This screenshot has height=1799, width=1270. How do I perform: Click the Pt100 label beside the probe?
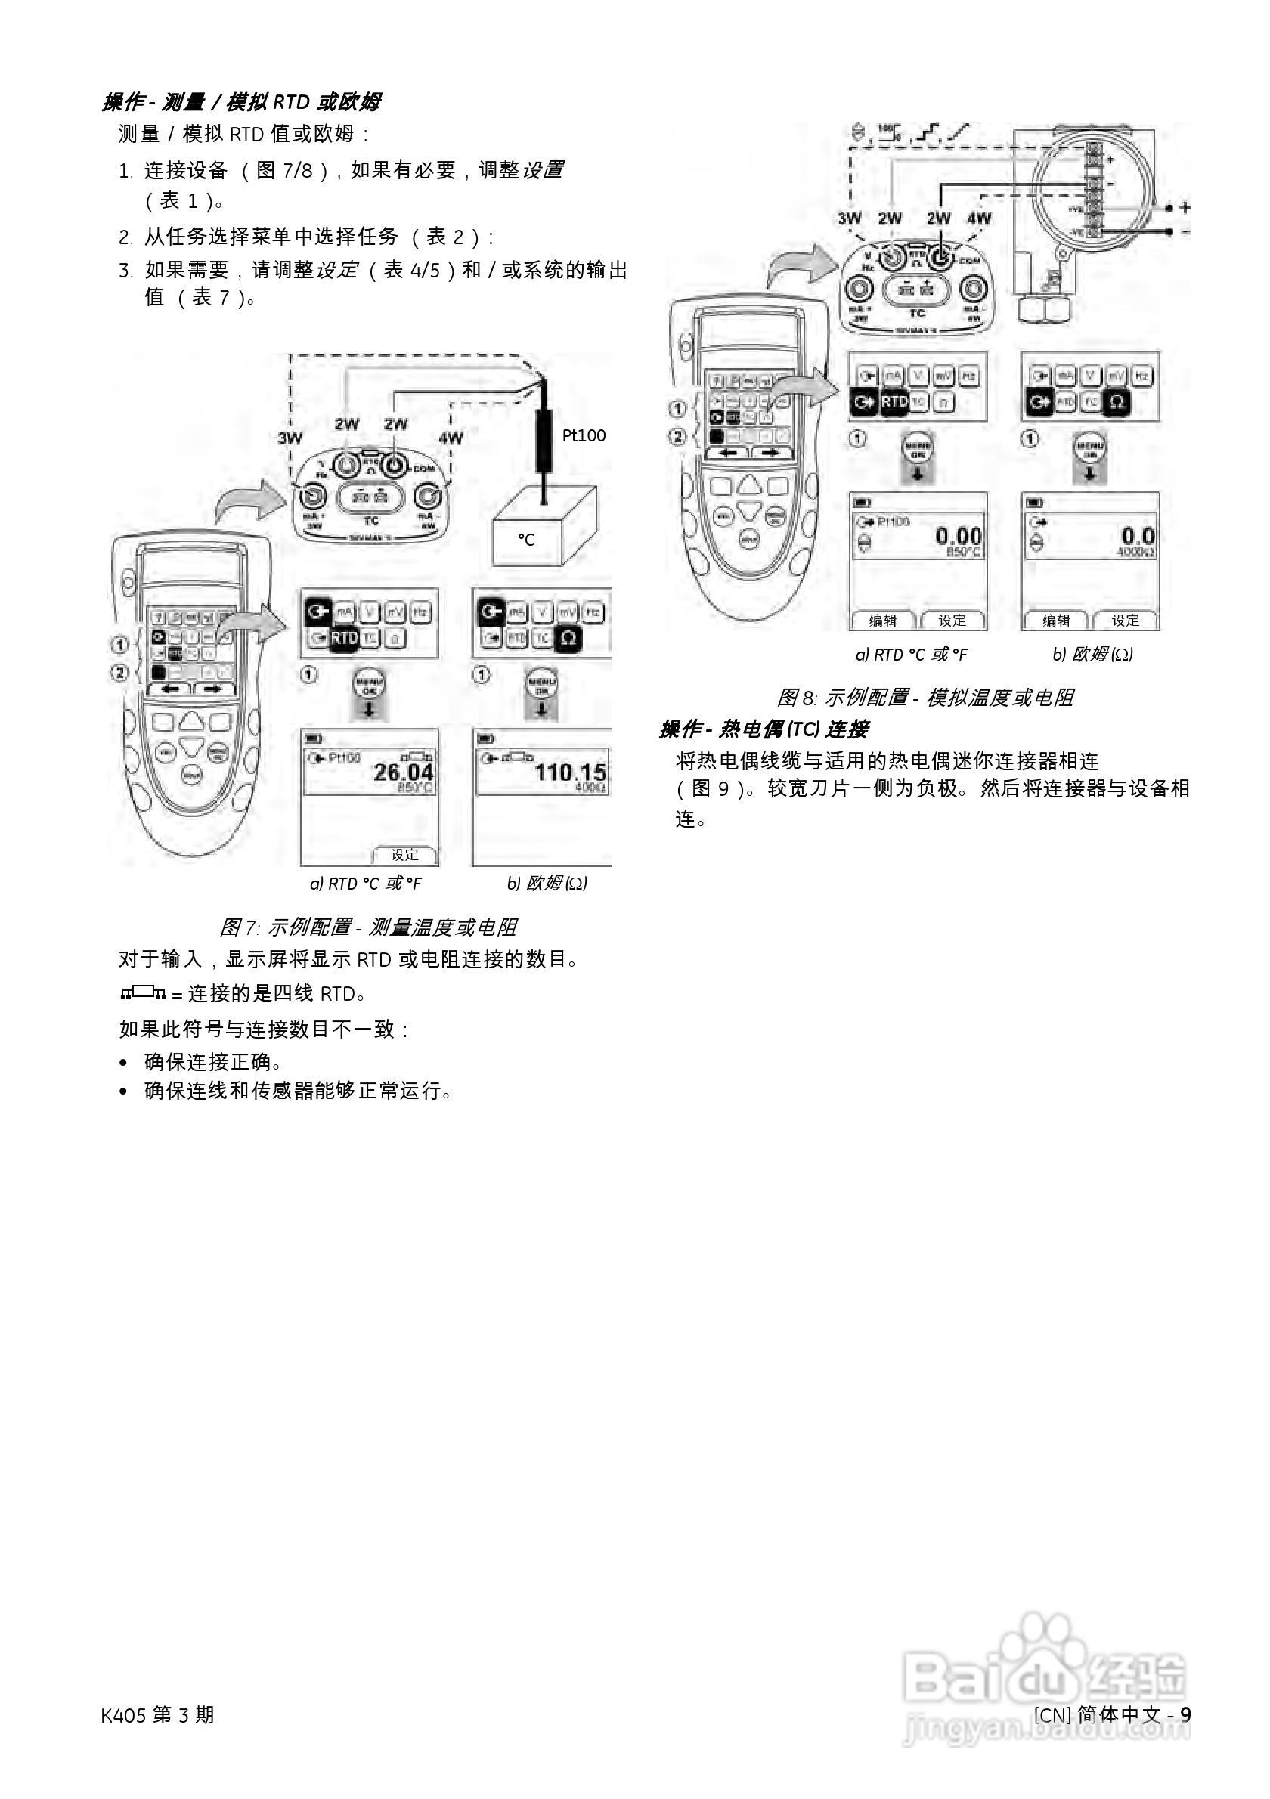coord(584,435)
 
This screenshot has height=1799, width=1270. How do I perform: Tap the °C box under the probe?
coord(526,539)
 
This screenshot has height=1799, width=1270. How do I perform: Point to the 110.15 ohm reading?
coord(570,772)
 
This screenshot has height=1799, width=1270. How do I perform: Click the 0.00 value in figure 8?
coord(959,536)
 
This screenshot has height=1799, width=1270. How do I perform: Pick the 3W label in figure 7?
coord(290,438)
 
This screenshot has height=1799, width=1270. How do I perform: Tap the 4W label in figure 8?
coord(979,218)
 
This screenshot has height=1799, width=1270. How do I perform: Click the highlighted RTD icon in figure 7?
coord(344,638)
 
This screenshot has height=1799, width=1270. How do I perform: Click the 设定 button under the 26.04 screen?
coord(405,855)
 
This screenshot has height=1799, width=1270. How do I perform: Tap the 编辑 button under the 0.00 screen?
coord(883,621)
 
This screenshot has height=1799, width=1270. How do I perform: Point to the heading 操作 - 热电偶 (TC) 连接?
coord(763,729)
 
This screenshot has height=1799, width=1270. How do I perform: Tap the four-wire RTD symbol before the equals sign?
coord(143,994)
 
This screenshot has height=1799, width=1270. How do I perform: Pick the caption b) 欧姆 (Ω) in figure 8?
coord(1092,655)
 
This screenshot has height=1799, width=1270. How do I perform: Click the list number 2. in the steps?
coord(126,237)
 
